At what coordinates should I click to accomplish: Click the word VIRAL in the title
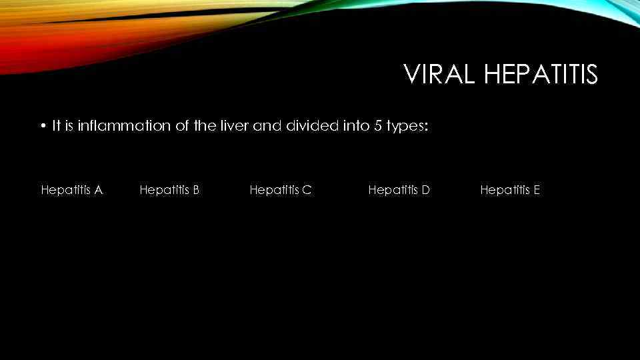click(440, 75)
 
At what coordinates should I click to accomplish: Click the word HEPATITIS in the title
click(541, 75)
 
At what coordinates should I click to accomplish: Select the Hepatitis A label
click(71, 190)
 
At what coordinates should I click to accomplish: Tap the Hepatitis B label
click(169, 190)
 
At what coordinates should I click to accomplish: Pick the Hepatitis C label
click(280, 190)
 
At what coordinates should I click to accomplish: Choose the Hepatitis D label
click(399, 190)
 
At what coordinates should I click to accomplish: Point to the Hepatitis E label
click(510, 190)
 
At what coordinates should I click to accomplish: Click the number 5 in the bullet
click(378, 125)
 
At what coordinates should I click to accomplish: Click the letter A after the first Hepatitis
click(99, 190)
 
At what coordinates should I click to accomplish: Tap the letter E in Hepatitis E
click(537, 190)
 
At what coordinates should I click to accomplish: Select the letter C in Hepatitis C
click(307, 190)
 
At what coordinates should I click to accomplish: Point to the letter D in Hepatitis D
click(426, 190)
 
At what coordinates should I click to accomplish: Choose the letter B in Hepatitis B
click(196, 190)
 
